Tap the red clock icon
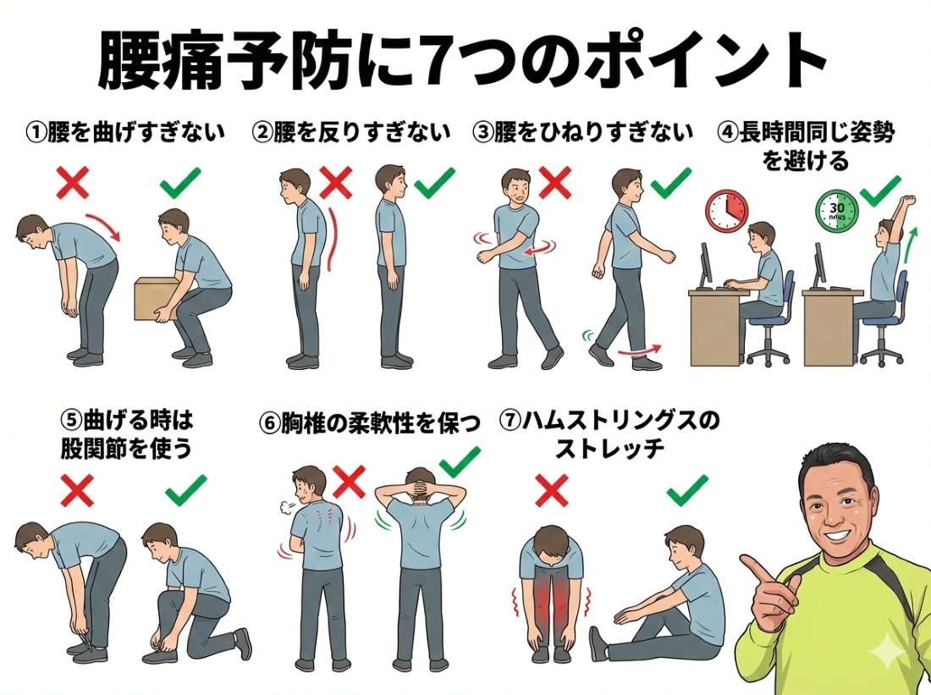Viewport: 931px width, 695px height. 727,210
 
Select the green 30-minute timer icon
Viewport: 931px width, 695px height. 838,211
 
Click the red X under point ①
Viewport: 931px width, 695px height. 73,182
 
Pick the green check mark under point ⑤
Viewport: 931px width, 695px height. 186,490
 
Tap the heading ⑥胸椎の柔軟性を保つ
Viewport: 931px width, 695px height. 369,423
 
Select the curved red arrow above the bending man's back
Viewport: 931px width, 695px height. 104,225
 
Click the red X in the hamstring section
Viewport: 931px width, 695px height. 552,490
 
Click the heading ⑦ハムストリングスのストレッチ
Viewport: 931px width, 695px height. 609,434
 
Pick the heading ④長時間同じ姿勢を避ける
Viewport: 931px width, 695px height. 805,146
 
